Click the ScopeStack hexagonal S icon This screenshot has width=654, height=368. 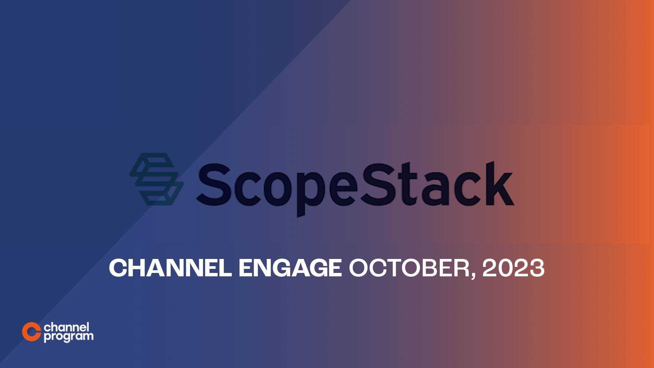click(156, 179)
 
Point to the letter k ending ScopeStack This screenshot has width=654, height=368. click(499, 184)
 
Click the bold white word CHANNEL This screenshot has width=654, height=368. click(170, 268)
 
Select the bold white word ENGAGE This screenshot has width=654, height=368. click(290, 268)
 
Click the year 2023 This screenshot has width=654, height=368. click(513, 268)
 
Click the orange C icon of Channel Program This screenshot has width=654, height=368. click(31, 332)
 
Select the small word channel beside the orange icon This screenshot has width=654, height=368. click(66, 327)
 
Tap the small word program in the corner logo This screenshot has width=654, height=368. click(68, 337)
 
